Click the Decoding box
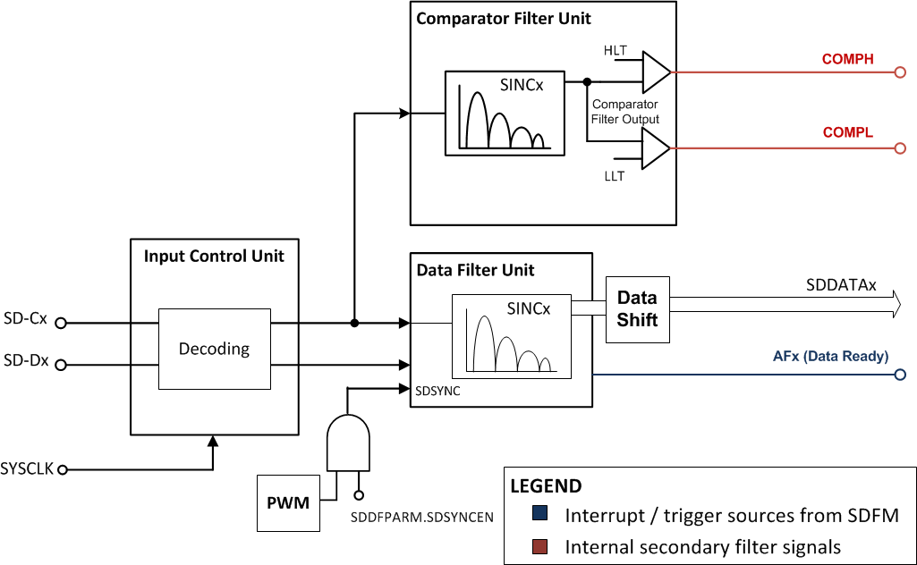(215, 349)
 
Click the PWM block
(287, 502)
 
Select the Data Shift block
(637, 308)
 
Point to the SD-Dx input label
(25, 363)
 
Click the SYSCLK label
(28, 468)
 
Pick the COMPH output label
(847, 60)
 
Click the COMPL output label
(847, 132)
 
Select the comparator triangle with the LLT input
(656, 148)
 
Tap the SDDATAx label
(841, 285)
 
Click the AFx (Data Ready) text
(830, 356)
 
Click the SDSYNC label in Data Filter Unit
(437, 391)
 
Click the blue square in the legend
(539, 515)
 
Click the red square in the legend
(539, 545)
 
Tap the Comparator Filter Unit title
(504, 19)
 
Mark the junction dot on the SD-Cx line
(355, 323)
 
